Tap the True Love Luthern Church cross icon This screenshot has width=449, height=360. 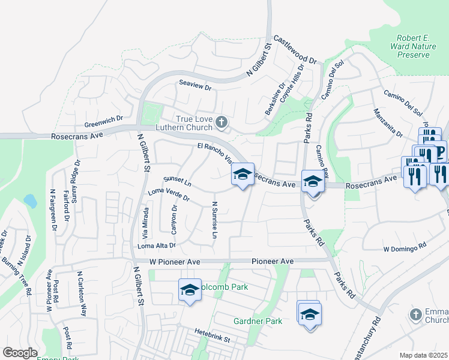(221, 123)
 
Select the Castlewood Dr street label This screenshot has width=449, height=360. (295, 50)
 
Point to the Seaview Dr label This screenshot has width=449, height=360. (196, 87)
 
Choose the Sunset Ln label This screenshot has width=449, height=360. (177, 180)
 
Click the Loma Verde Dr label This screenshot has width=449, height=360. (169, 195)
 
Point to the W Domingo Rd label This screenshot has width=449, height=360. (405, 247)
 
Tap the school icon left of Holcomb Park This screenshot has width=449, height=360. (190, 290)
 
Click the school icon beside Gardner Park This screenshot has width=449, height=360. (309, 314)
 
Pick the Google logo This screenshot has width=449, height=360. (20, 353)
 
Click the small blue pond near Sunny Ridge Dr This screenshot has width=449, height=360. (29, 200)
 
